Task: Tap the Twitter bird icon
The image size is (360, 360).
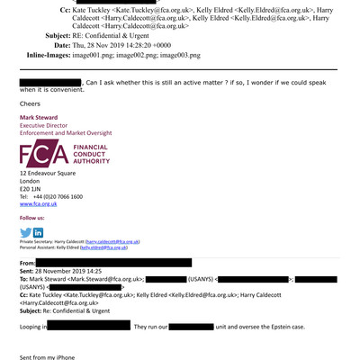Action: [x=25, y=232]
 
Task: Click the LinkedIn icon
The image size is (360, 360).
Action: [x=38, y=232]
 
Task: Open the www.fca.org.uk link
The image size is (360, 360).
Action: [x=38, y=204]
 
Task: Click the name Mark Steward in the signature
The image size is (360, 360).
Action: [x=40, y=118]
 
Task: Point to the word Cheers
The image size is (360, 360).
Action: [x=31, y=103]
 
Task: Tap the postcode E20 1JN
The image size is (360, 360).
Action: [x=32, y=188]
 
